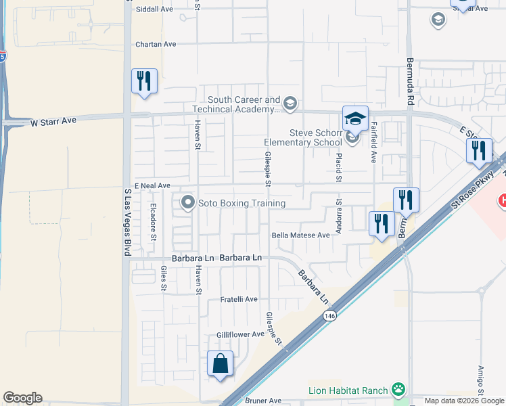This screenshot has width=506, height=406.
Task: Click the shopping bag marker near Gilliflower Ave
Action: click(x=221, y=363)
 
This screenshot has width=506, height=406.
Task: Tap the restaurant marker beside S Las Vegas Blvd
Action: click(x=144, y=81)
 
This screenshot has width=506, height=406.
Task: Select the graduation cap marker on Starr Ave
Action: click(x=355, y=118)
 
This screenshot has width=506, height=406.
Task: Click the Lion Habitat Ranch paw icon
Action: click(x=400, y=390)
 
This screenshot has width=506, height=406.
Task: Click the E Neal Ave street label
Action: click(x=152, y=185)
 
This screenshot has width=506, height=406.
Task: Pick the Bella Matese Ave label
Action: click(x=300, y=235)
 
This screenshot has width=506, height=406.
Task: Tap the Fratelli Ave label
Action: click(x=239, y=299)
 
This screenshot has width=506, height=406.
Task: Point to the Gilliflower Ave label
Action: click(x=239, y=334)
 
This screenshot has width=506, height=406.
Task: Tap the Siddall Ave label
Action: click(x=154, y=9)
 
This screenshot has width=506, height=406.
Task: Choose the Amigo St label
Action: click(x=481, y=382)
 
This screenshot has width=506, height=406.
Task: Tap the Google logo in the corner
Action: click(x=22, y=398)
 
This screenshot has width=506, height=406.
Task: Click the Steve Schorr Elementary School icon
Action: click(x=352, y=138)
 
